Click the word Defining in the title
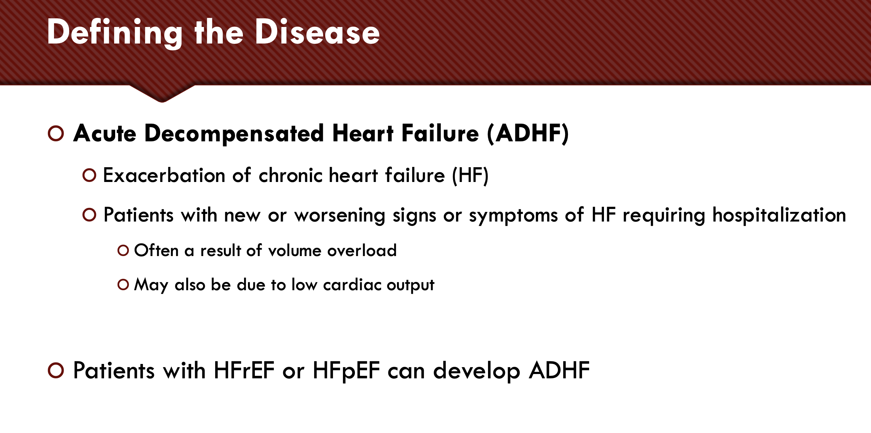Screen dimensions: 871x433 click(x=115, y=33)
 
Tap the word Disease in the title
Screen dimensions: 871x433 click(x=317, y=32)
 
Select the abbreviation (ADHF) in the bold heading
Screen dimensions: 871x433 click(x=528, y=133)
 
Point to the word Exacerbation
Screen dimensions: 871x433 click(x=164, y=176)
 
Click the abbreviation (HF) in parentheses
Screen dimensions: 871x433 click(x=470, y=176)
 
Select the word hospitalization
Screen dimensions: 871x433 click(x=779, y=215)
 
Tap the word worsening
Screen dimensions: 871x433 click(x=340, y=216)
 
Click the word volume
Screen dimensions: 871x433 click(x=295, y=250)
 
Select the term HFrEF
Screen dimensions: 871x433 click(x=244, y=370)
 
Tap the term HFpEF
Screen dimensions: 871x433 click(x=346, y=371)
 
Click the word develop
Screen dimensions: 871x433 click(x=477, y=371)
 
